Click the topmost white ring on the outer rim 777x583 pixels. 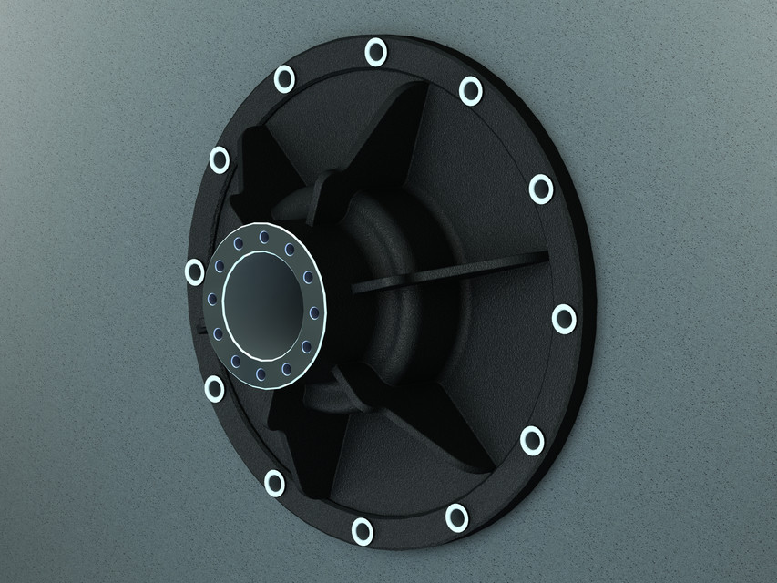(x=375, y=52)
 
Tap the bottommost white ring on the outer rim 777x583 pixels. (x=363, y=530)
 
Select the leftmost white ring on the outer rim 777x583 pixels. (x=194, y=271)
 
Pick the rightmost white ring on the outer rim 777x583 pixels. (x=564, y=319)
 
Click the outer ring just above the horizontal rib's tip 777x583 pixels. (x=540, y=189)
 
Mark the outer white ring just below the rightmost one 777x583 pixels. (x=532, y=441)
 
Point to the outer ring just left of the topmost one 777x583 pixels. (x=285, y=79)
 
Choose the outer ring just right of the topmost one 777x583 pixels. (x=470, y=88)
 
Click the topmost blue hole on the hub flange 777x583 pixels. (x=264, y=238)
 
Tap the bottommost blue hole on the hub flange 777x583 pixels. (x=261, y=373)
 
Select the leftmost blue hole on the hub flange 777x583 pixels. (x=211, y=299)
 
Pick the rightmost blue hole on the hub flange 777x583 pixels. (x=314, y=312)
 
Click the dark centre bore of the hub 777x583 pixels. (x=261, y=306)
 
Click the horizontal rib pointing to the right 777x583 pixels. (x=455, y=271)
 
